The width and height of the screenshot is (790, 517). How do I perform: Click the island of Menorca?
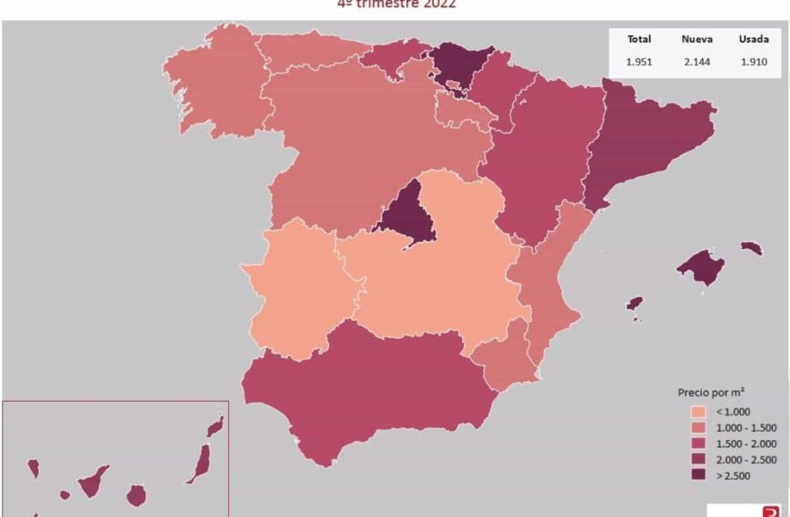coord(751,247)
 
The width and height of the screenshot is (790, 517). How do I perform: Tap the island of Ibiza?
coord(635,304)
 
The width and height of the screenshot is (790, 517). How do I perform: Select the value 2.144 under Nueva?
coord(697,62)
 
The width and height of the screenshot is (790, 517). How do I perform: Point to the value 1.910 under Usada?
coord(754,62)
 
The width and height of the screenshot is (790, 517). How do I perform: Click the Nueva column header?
coord(697,39)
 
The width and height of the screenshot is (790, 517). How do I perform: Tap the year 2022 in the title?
coord(438,4)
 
